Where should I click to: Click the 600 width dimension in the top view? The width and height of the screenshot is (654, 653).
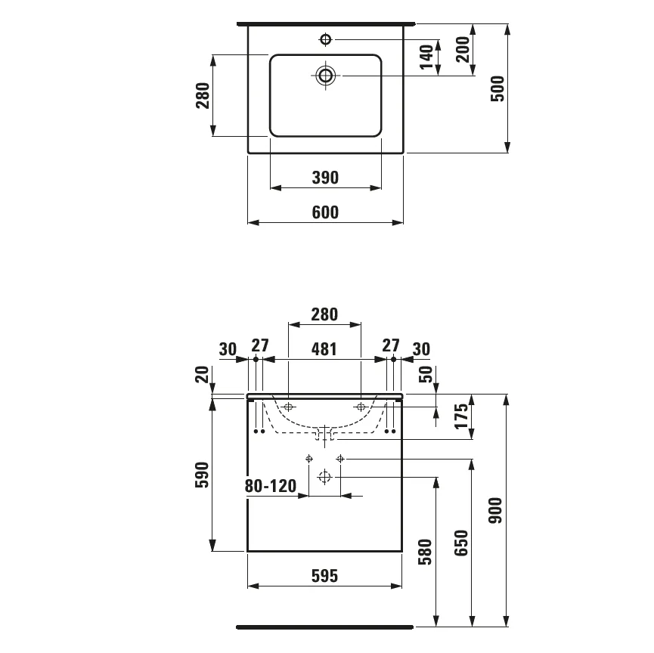tap(325, 212)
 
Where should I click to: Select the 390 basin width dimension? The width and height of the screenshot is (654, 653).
tap(325, 178)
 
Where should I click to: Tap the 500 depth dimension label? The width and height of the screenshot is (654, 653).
tap(497, 88)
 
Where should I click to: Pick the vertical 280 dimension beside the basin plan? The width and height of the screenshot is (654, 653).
tap(203, 95)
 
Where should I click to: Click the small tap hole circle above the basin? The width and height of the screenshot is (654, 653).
tap(326, 39)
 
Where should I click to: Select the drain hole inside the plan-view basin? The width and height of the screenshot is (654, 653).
tap(326, 75)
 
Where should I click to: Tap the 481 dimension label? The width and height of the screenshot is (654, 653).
tap(324, 348)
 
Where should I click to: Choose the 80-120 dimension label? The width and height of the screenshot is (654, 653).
tap(271, 486)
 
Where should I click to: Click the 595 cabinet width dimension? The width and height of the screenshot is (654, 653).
tap(324, 576)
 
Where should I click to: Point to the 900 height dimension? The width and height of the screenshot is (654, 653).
tap(497, 511)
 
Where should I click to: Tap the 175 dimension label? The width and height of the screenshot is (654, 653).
tap(463, 416)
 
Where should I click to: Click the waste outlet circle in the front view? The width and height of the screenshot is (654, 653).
tap(325, 477)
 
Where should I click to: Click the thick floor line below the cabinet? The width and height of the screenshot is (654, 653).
tap(325, 627)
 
